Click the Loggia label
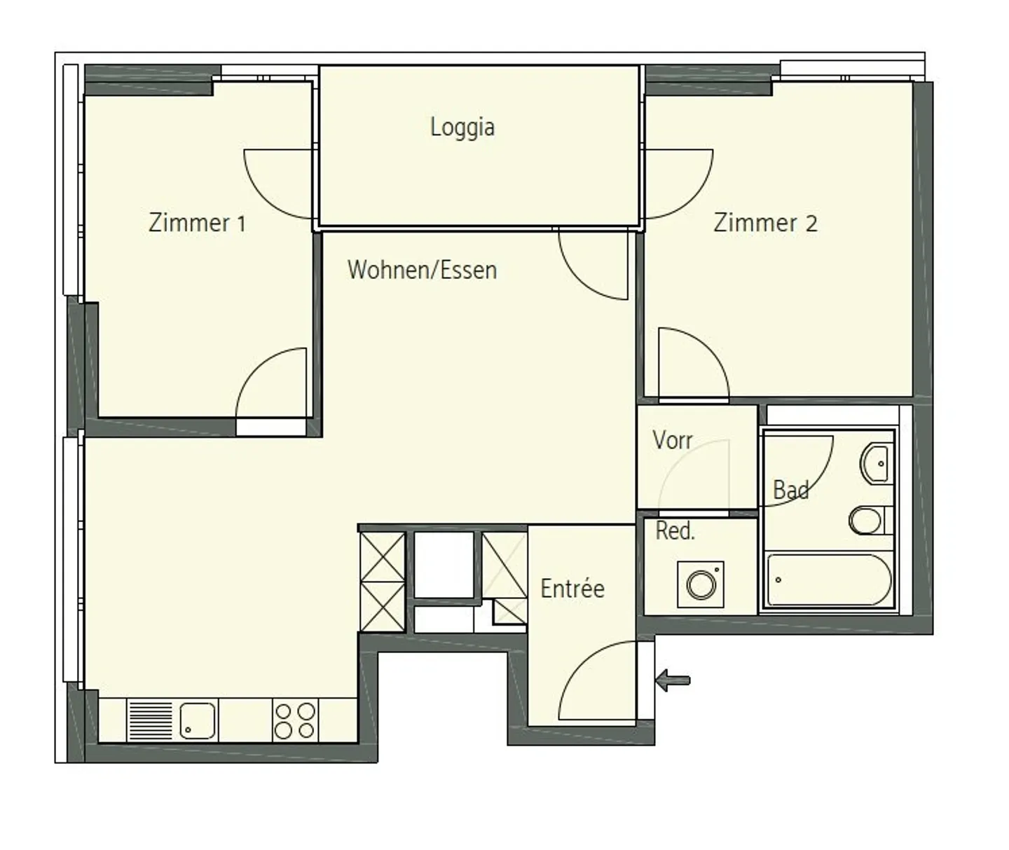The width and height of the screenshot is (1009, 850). coord(462,128)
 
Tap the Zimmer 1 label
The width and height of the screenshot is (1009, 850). coord(197,223)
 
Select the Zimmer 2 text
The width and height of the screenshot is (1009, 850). coord(765,223)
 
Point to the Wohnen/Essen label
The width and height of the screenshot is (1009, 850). coord(422,270)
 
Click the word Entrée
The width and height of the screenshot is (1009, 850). coord(572,589)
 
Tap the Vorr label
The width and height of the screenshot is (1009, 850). coord(672,440)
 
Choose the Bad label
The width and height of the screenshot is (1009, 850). coord(790,490)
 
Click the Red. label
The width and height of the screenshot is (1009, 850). coord(675,531)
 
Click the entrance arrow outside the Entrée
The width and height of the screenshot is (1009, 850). coord(673,679)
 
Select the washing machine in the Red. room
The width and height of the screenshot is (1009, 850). coord(701,584)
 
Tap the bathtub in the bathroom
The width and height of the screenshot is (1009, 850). coord(828,580)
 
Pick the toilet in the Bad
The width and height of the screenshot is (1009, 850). coord(869,521)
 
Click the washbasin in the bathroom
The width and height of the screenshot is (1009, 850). coord(877,463)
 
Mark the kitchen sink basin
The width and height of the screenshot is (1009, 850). coord(198,720)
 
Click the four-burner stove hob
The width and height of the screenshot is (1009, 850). coord(295,721)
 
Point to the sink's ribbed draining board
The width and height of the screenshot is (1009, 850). coord(149,720)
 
